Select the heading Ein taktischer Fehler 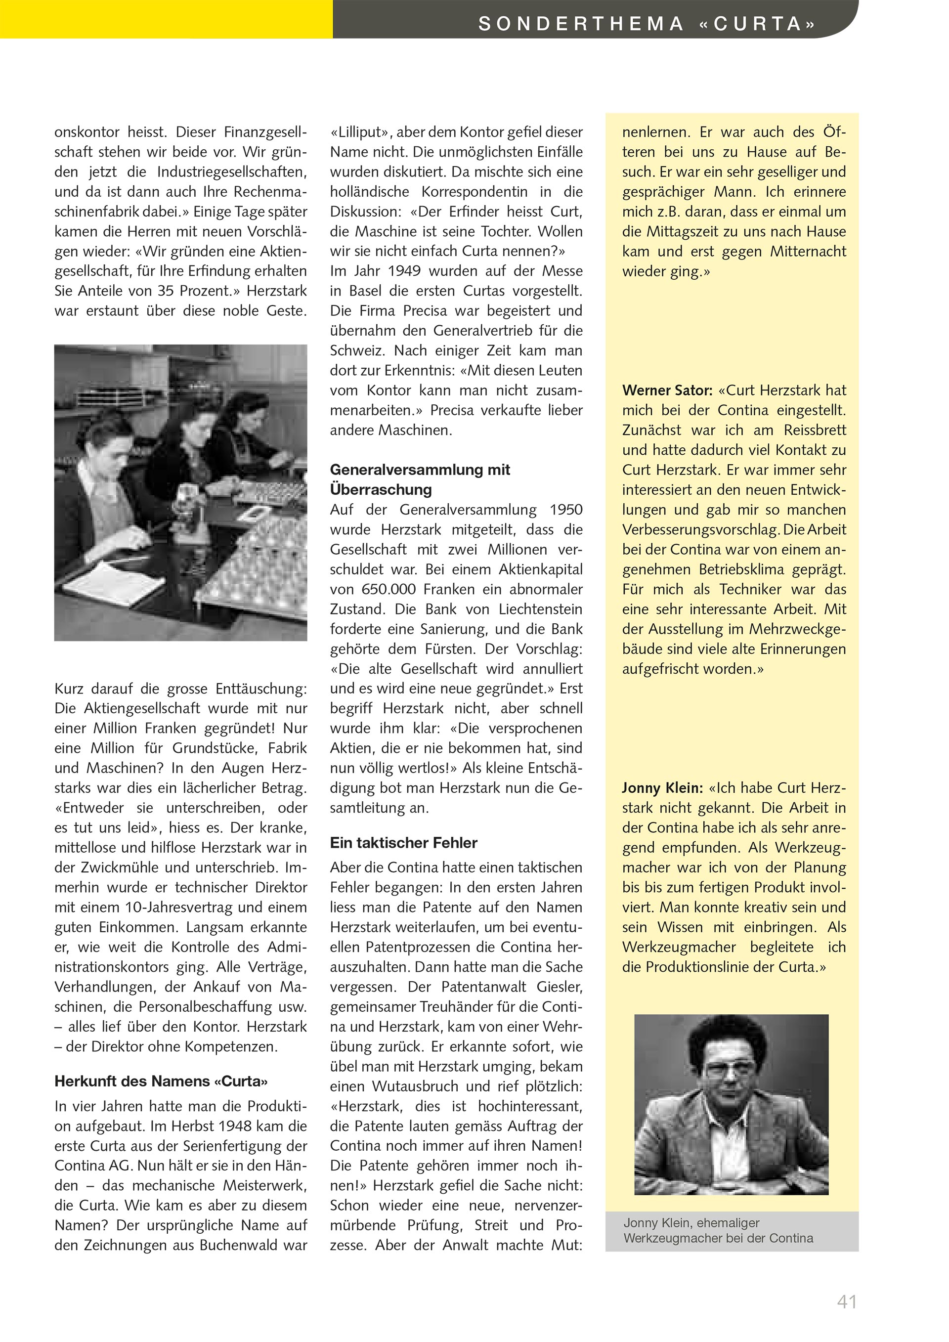pos(403,842)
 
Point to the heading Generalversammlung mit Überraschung pos(420,479)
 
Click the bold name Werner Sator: pos(667,390)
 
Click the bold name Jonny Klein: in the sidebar pos(661,787)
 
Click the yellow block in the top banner pos(166,19)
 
